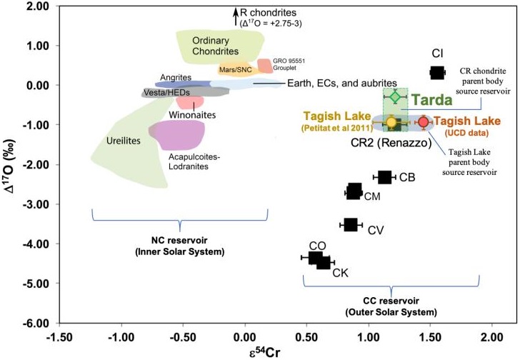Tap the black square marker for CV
[350, 225]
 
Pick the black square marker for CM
[354, 191]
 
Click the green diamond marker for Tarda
[395, 96]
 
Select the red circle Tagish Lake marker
[423, 122]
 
